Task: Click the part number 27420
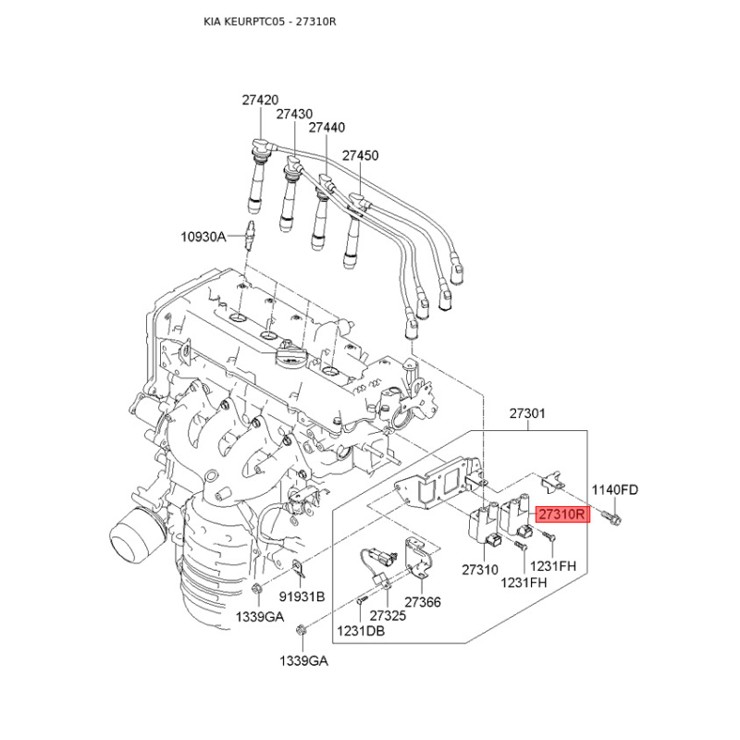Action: click(x=261, y=99)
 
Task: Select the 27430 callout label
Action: click(x=294, y=113)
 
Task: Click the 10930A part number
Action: click(x=203, y=237)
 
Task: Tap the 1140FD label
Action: click(x=615, y=489)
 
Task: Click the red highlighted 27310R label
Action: click(x=562, y=514)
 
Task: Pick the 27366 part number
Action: click(x=423, y=602)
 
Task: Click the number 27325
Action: click(x=388, y=615)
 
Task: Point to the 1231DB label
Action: click(x=361, y=631)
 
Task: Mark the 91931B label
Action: click(x=302, y=597)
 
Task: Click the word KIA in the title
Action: click(x=213, y=19)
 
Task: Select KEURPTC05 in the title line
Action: click(x=256, y=19)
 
